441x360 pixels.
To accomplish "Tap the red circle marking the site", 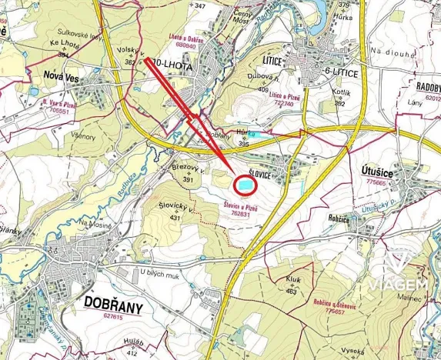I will (244, 185).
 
